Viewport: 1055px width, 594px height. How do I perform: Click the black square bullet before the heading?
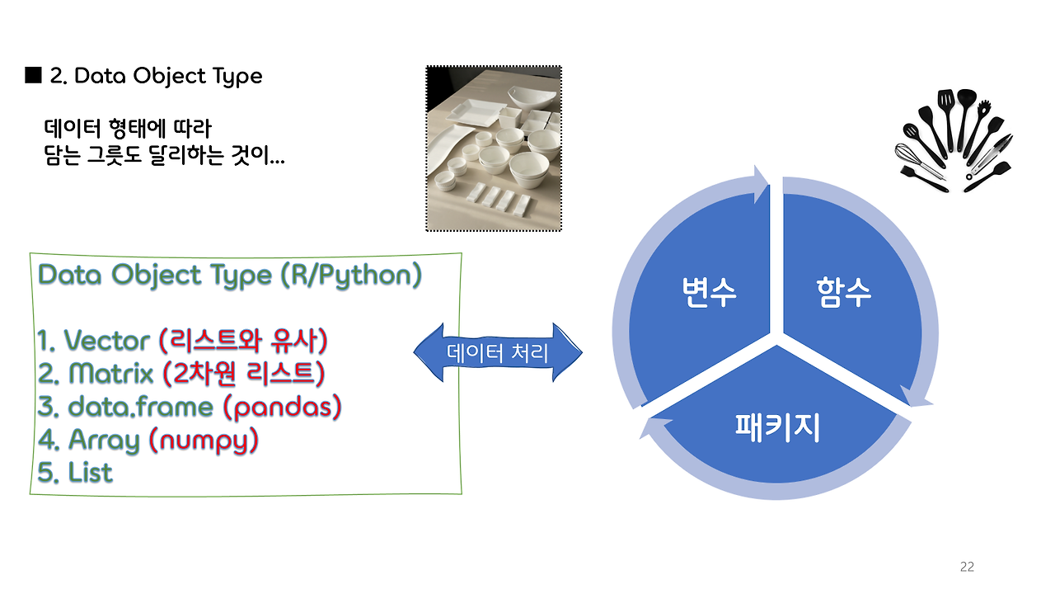click(34, 77)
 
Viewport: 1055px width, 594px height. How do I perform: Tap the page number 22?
click(967, 567)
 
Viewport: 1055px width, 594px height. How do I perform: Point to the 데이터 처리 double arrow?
click(498, 353)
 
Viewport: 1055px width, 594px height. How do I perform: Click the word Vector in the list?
click(106, 341)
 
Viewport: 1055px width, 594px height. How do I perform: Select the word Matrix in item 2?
click(110, 374)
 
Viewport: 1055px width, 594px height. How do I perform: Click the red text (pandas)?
click(283, 407)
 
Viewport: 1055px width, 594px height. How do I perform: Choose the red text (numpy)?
click(203, 441)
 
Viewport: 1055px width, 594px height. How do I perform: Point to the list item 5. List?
click(75, 473)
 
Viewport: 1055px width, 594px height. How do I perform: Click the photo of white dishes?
click(494, 148)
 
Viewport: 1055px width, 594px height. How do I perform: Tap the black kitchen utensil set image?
click(954, 139)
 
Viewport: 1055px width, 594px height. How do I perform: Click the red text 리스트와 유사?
click(243, 341)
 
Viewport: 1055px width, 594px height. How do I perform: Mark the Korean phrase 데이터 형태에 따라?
click(128, 129)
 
